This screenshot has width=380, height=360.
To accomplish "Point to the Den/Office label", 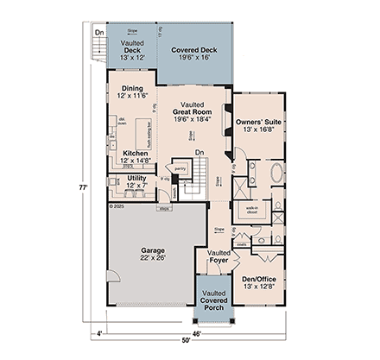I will pyautogui.click(x=257, y=282).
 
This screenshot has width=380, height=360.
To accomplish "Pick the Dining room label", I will pyautogui.click(x=131, y=92).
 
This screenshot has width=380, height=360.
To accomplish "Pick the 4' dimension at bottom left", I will pyautogui.click(x=100, y=332).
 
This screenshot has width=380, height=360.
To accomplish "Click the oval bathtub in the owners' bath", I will pyautogui.click(x=276, y=173).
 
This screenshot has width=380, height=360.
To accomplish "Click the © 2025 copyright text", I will pyautogui.click(x=117, y=207).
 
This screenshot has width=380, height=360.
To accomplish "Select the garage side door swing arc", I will pyautogui.click(x=111, y=276).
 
